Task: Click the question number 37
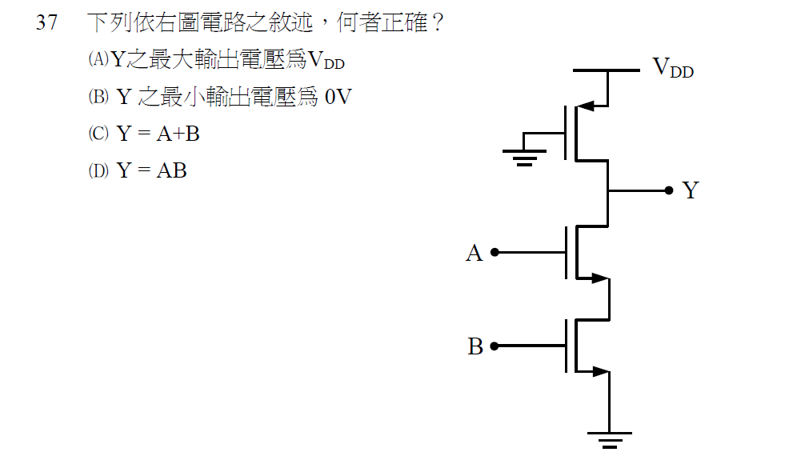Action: click(46, 22)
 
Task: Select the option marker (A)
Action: click(98, 59)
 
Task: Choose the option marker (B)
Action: click(98, 97)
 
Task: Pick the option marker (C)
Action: click(98, 134)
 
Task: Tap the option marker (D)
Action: click(98, 170)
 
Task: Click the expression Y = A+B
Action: click(158, 134)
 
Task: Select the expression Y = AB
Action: click(152, 170)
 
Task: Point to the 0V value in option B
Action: click(338, 97)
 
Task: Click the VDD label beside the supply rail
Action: click(673, 67)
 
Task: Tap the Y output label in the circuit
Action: click(690, 190)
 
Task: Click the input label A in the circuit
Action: click(475, 254)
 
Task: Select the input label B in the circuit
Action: click(475, 347)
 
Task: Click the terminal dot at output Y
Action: click(668, 190)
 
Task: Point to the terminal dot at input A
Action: click(495, 252)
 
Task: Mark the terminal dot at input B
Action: click(495, 346)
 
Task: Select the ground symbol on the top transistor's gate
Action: click(524, 155)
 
